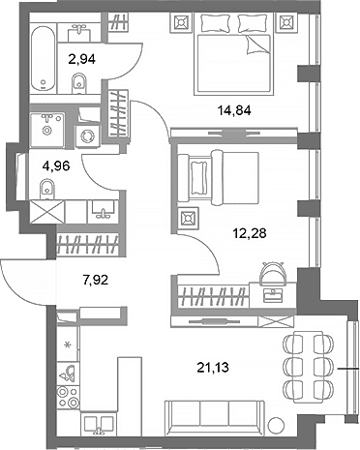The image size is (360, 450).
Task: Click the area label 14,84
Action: point(234,111)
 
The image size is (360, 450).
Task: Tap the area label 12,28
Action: point(250,232)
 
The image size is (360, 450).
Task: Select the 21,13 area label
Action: point(213,367)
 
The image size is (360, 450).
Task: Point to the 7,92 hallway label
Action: point(96,280)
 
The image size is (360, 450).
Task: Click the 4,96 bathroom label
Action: point(56,166)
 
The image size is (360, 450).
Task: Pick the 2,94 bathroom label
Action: point(82,59)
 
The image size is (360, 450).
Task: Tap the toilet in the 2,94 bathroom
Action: point(78,83)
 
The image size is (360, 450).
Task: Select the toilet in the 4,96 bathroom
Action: point(47,190)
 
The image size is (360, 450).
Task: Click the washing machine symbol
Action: point(87,136)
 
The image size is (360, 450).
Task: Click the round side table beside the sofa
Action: point(277,424)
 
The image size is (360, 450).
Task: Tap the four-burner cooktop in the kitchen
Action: point(68,397)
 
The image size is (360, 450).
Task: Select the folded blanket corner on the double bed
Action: point(256,45)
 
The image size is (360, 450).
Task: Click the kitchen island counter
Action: point(130,384)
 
